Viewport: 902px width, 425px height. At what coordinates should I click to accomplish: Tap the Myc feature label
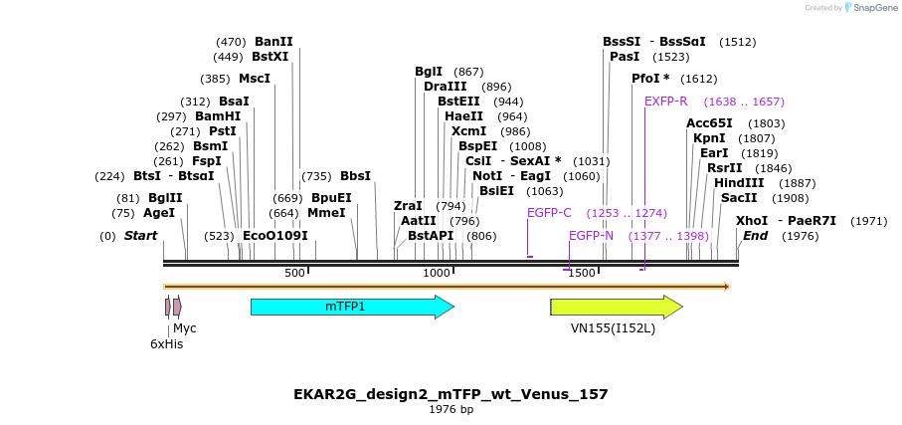pos(185,327)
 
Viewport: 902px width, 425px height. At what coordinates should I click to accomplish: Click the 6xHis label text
pos(166,344)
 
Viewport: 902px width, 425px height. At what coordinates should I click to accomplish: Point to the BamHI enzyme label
pos(218,116)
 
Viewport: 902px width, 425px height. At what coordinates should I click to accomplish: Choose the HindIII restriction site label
pos(738,183)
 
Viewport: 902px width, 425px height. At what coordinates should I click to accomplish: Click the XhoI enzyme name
pos(752,221)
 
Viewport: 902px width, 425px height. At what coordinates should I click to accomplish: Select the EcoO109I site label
pos(275,236)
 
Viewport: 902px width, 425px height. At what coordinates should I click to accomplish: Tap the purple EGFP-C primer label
pos(549,213)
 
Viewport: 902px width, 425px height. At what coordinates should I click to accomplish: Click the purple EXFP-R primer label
pos(666,102)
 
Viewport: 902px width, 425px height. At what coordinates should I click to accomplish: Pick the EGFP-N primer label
pos(591,236)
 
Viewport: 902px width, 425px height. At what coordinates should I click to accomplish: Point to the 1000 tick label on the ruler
pos(437,273)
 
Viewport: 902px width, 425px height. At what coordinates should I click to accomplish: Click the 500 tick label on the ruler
pos(294,273)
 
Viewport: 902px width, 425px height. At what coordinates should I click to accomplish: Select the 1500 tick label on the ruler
pos(582,273)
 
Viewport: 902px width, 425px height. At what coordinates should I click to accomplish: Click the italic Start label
pos(140,236)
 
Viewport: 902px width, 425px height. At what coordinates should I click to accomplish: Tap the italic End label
pos(755,236)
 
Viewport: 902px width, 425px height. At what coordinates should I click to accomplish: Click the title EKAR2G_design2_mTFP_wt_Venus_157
pos(451,394)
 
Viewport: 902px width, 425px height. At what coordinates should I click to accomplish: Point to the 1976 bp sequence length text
pos(451,409)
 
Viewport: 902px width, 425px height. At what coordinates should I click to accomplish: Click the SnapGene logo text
pos(870,8)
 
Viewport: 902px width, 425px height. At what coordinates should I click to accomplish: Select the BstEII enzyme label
pos(458,102)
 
